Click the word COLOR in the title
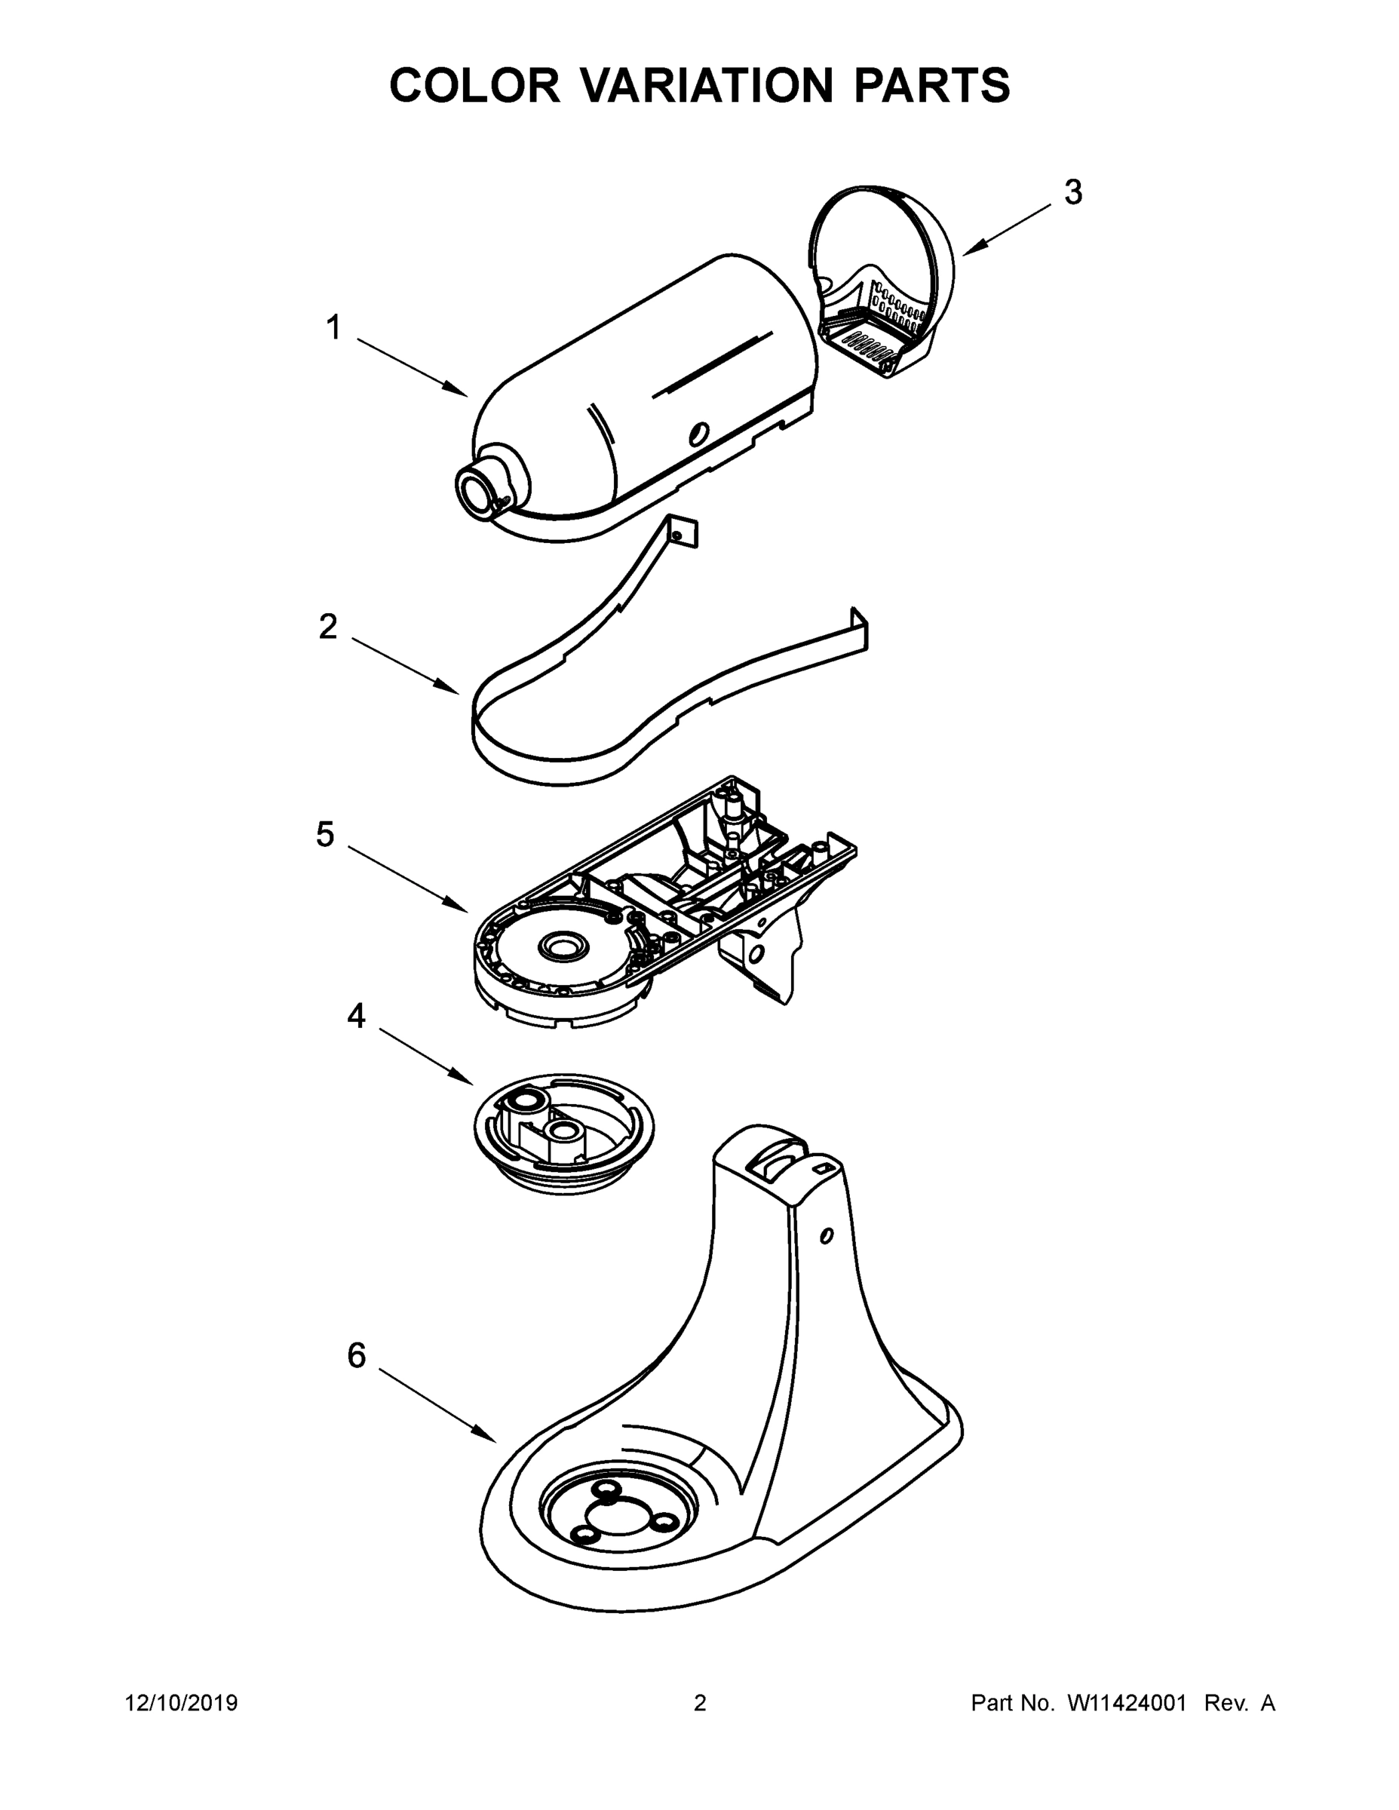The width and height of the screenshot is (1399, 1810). [x=474, y=85]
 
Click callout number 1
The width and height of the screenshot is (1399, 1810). [x=333, y=327]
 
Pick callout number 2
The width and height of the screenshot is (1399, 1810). [x=328, y=627]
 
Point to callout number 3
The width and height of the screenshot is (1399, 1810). [x=1072, y=192]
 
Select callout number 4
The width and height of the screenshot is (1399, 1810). [x=357, y=1015]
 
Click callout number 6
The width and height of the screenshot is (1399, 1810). [x=357, y=1356]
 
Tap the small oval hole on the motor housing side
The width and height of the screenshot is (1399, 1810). [x=701, y=432]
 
